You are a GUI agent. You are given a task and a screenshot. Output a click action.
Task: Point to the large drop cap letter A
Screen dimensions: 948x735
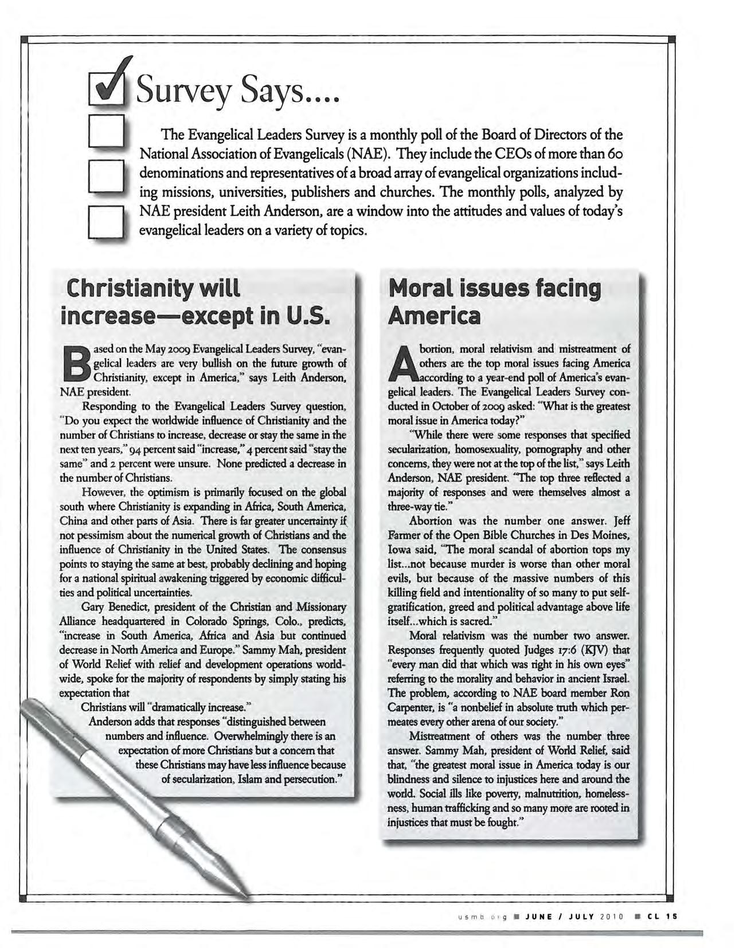[x=402, y=364]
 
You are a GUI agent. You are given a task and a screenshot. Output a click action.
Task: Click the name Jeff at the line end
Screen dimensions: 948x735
[x=621, y=521]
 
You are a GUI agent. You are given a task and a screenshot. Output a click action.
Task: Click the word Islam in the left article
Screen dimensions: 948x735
[x=252, y=779]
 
